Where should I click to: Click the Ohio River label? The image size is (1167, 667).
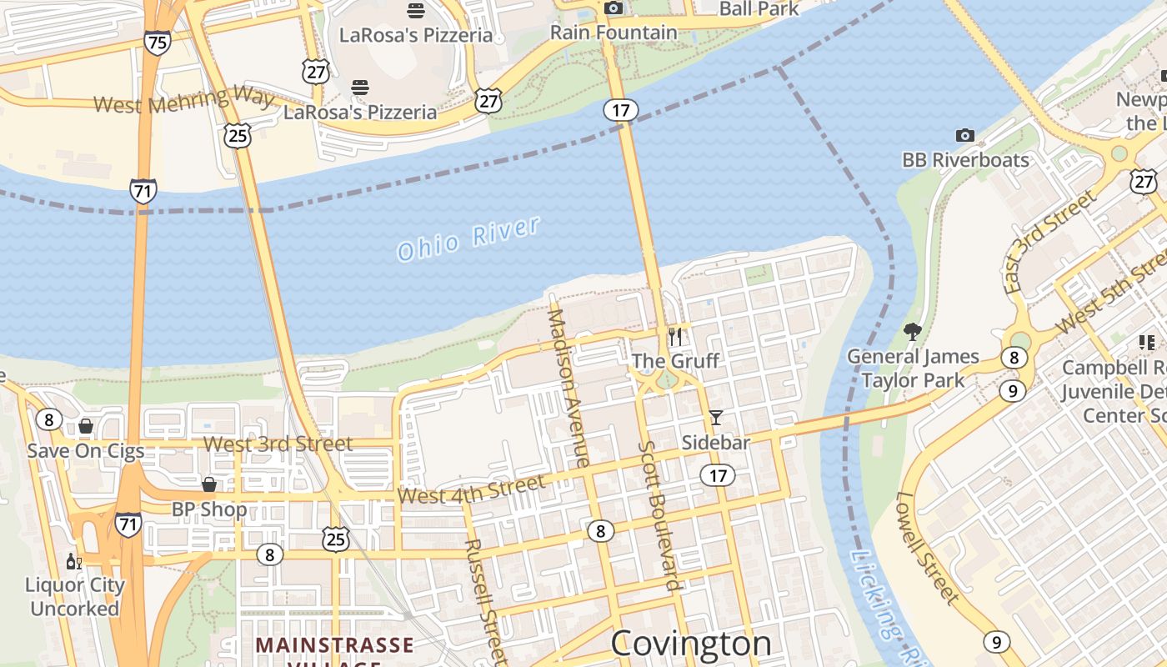tap(468, 238)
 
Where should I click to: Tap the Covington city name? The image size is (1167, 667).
tap(691, 644)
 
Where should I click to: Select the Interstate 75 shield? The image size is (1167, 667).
tap(157, 42)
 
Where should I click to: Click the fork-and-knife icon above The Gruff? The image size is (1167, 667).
tap(675, 337)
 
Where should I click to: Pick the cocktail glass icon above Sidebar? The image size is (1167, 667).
tap(715, 418)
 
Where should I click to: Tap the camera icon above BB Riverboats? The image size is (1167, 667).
tap(964, 135)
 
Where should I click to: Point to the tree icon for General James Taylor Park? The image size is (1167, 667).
tap(913, 332)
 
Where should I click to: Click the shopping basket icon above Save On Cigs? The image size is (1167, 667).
tap(85, 427)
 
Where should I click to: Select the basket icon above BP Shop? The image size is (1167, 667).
tap(209, 484)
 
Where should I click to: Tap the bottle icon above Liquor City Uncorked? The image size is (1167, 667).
tap(74, 562)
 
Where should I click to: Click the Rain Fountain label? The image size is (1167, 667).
tap(614, 33)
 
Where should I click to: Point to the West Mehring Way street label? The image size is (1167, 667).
tap(183, 100)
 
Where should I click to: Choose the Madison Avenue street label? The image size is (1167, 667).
tap(568, 388)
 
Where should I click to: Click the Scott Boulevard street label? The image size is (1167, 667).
tap(661, 515)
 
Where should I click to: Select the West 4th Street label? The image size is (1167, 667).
tap(471, 489)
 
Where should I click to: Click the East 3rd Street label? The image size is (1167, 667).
tap(1049, 242)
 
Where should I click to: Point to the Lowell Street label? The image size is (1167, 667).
tap(928, 547)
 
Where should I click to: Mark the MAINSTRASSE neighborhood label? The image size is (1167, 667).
tap(334, 645)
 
